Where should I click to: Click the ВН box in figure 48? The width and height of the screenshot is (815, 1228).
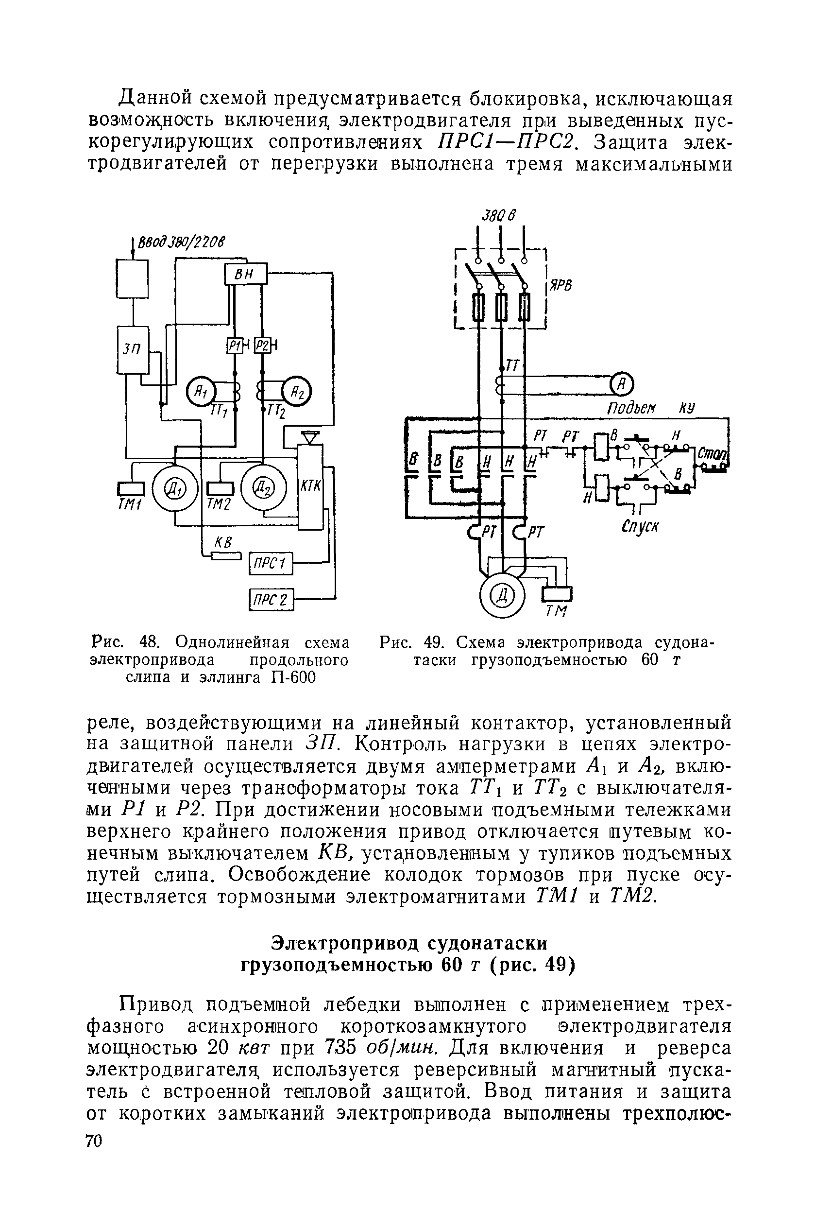245,274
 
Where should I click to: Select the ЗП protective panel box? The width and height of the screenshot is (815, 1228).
133,349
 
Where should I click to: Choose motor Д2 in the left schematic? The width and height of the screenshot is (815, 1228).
263,489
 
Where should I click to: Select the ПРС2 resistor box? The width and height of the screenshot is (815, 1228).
272,600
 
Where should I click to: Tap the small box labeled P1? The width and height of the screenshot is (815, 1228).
235,347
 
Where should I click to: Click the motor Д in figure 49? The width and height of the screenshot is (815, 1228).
503,594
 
